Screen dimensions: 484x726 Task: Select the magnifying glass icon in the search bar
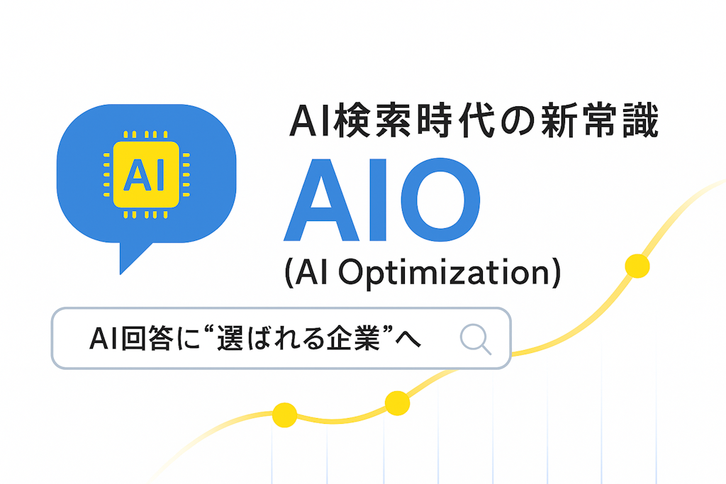[476, 339]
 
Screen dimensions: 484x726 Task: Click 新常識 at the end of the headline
[603, 121]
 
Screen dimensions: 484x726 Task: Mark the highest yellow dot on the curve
[637, 266]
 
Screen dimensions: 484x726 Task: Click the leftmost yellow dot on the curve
[284, 415]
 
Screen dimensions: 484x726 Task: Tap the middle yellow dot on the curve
[397, 403]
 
